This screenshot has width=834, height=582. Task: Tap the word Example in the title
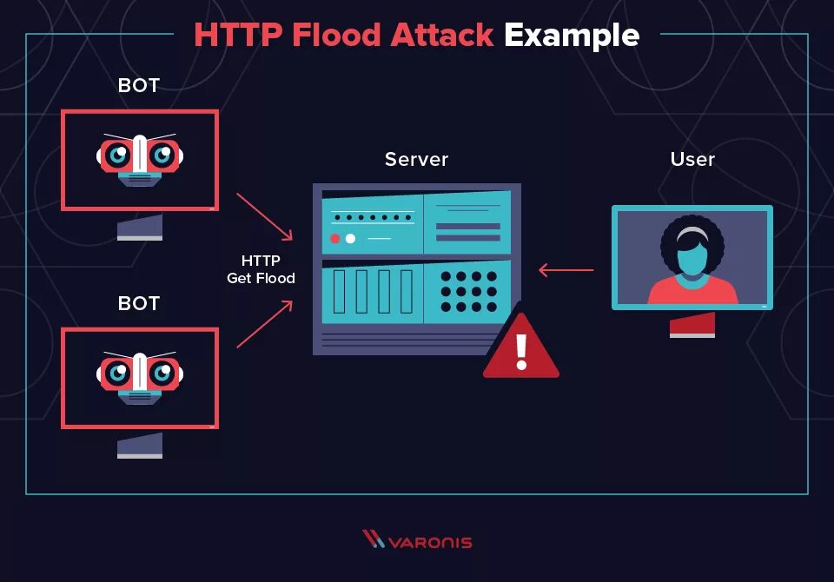(572, 35)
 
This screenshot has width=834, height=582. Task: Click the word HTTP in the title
(238, 35)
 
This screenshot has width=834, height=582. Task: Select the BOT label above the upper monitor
(139, 86)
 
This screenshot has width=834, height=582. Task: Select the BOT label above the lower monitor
(139, 303)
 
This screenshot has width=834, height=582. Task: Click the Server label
(416, 159)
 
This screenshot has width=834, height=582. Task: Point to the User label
(692, 159)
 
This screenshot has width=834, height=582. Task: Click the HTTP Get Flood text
(261, 269)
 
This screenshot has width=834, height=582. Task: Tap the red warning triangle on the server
(521, 347)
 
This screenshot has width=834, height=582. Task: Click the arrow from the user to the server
(566, 270)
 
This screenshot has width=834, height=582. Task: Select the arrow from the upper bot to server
(265, 216)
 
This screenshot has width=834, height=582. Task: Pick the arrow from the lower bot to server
(265, 324)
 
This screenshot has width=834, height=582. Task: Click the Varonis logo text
(429, 542)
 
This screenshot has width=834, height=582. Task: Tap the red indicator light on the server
(335, 238)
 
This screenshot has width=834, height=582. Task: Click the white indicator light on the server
(350, 238)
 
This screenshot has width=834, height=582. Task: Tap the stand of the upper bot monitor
(140, 228)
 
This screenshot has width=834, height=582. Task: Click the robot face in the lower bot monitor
(140, 375)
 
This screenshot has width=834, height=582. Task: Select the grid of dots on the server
(468, 291)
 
